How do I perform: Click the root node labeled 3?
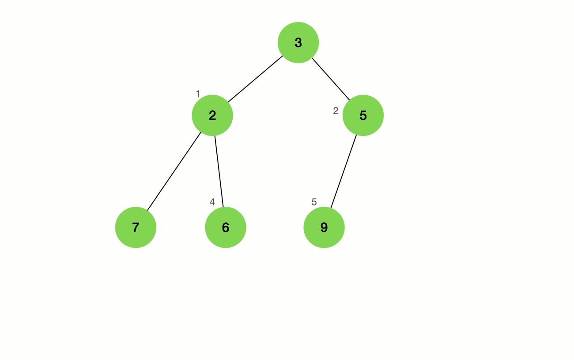coord(298,42)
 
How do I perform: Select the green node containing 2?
coord(212,115)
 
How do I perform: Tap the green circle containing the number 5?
coord(363,115)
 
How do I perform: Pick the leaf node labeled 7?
coord(136,227)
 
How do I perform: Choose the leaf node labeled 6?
coord(226,227)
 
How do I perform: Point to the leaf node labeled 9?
coord(324,227)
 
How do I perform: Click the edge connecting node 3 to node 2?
coord(255,79)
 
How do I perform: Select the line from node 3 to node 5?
coord(331,79)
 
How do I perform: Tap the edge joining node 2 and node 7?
coord(174,171)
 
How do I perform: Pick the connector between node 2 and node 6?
coord(219,171)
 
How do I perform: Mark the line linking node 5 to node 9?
coord(344,171)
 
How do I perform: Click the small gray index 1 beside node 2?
coord(198,94)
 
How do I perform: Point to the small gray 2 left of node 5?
coord(336,111)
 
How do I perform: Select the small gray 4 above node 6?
coord(212,202)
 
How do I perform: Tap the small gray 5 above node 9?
coord(314,202)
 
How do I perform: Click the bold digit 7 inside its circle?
coord(136,227)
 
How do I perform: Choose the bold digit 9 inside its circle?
coord(324,227)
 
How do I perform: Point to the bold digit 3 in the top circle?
coord(298,42)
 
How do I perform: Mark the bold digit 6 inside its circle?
coord(226,227)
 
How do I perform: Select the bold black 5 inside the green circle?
coord(363,115)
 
